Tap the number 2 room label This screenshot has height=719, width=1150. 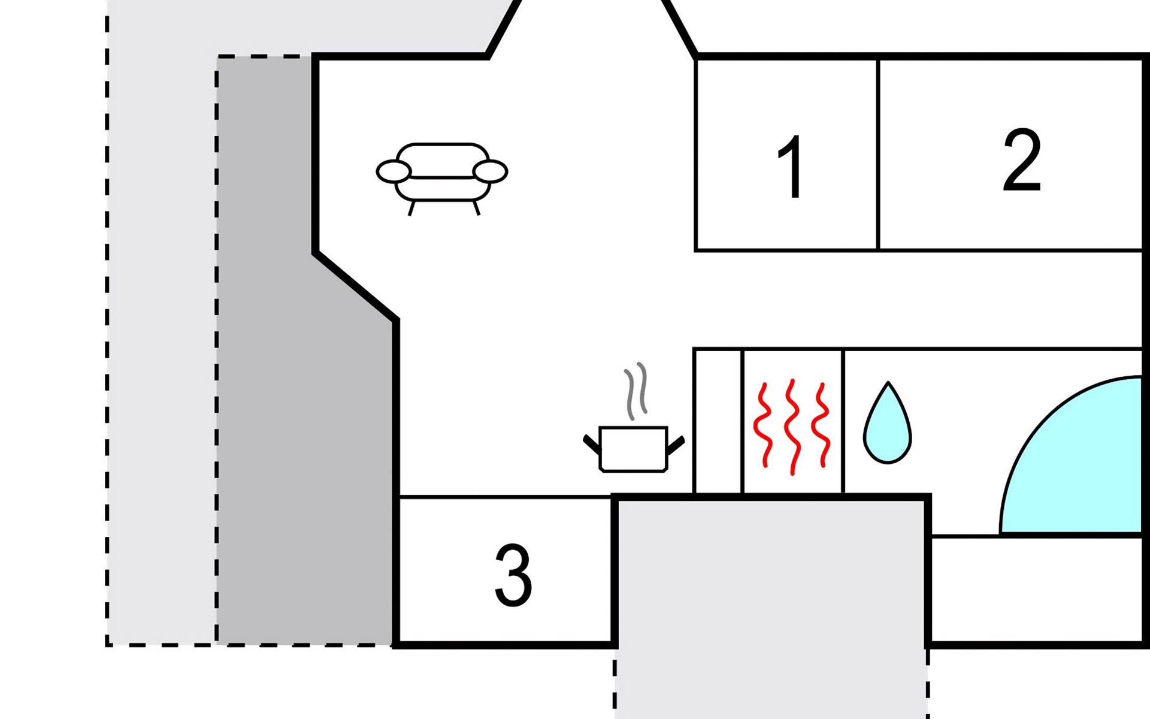coord(1022,160)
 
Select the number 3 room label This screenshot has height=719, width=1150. coord(513,575)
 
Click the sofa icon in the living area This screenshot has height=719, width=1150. coord(442,174)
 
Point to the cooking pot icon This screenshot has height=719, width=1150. coord(633,448)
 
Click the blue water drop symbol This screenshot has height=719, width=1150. coord(887,425)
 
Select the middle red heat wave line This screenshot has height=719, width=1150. coord(793,425)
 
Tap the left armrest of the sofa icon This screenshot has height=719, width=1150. coord(394,171)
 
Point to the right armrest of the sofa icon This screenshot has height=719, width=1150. coord(490,171)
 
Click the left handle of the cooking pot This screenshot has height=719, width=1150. coord(592,444)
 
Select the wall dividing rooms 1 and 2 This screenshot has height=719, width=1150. coord(878,154)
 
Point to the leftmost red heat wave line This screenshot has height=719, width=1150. coord(762,425)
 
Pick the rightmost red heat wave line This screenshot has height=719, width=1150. coord(821,425)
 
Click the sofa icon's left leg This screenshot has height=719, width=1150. coord(411,208)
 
